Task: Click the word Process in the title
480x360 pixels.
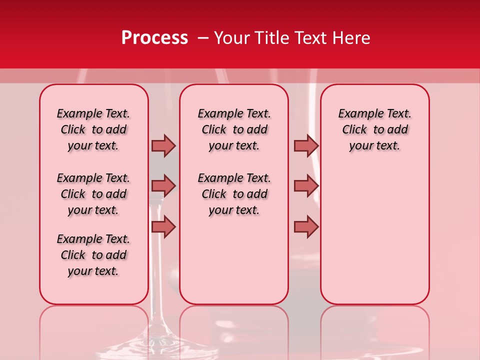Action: [x=154, y=38]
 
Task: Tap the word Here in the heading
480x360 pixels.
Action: [x=351, y=38]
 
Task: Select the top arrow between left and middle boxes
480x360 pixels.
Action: [x=163, y=145]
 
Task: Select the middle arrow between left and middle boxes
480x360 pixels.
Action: [x=163, y=186]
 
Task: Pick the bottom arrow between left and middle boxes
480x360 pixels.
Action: [x=163, y=226]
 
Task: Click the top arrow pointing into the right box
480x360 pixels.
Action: [x=306, y=145]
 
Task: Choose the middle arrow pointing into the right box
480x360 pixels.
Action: [x=306, y=186]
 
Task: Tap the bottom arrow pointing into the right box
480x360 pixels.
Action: [x=306, y=226]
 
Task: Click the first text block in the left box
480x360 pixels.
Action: [x=93, y=129]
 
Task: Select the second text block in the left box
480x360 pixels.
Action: [x=93, y=194]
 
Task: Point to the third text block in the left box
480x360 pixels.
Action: [x=93, y=255]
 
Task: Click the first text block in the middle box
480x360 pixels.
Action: [x=234, y=129]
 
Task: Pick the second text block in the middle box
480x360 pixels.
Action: [x=234, y=194]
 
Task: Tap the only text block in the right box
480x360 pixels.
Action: [x=374, y=129]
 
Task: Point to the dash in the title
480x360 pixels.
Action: [x=203, y=38]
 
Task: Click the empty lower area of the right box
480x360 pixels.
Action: [x=374, y=235]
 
